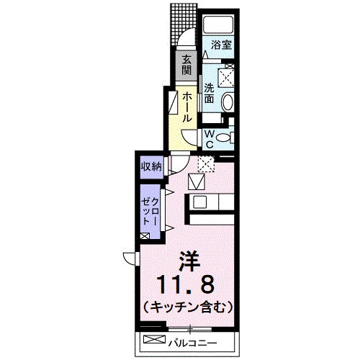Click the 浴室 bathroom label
tap(220, 45)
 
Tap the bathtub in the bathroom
tap(222, 25)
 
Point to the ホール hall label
tap(186, 106)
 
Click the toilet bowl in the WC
tap(224, 138)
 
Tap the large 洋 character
tap(190, 256)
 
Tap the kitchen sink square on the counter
tap(198, 201)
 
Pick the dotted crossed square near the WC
tap(207, 164)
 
